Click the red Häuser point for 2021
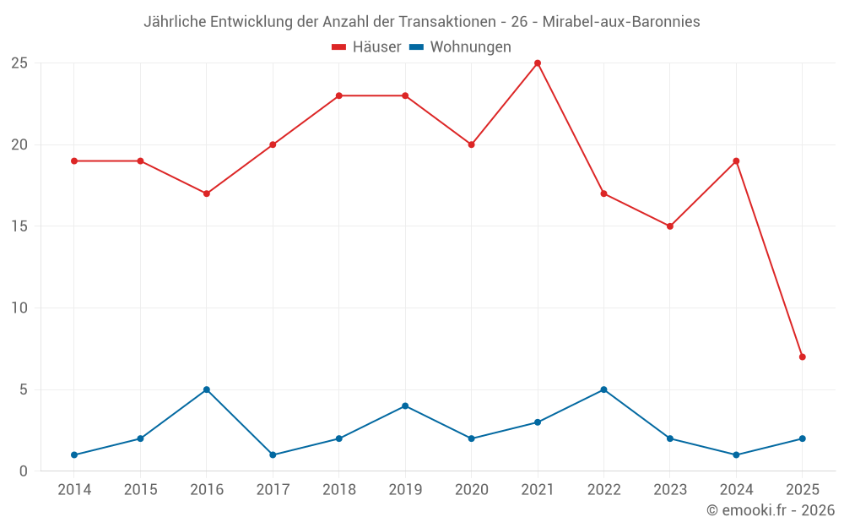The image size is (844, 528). coord(538,63)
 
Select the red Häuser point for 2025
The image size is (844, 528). coord(802,357)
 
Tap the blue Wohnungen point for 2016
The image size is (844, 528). coord(207,389)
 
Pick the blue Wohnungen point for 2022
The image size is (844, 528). coord(603,389)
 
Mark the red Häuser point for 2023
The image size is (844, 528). coord(670,226)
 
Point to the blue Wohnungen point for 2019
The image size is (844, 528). coord(405,406)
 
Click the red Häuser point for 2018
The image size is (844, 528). coord(339,95)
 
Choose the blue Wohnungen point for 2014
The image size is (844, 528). coord(74,455)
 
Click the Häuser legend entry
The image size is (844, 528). coord(366,47)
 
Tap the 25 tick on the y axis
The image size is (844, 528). coord(19,63)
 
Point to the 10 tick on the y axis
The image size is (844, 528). coord(19,308)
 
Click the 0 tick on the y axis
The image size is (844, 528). coord(24,471)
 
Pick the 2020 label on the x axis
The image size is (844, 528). coord(471,490)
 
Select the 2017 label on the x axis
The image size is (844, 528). coord(273,490)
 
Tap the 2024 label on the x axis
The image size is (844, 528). coord(736,490)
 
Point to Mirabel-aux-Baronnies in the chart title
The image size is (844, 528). coord(623,22)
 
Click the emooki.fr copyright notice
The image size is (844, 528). coord(770,510)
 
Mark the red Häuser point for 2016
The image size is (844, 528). coord(207,193)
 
